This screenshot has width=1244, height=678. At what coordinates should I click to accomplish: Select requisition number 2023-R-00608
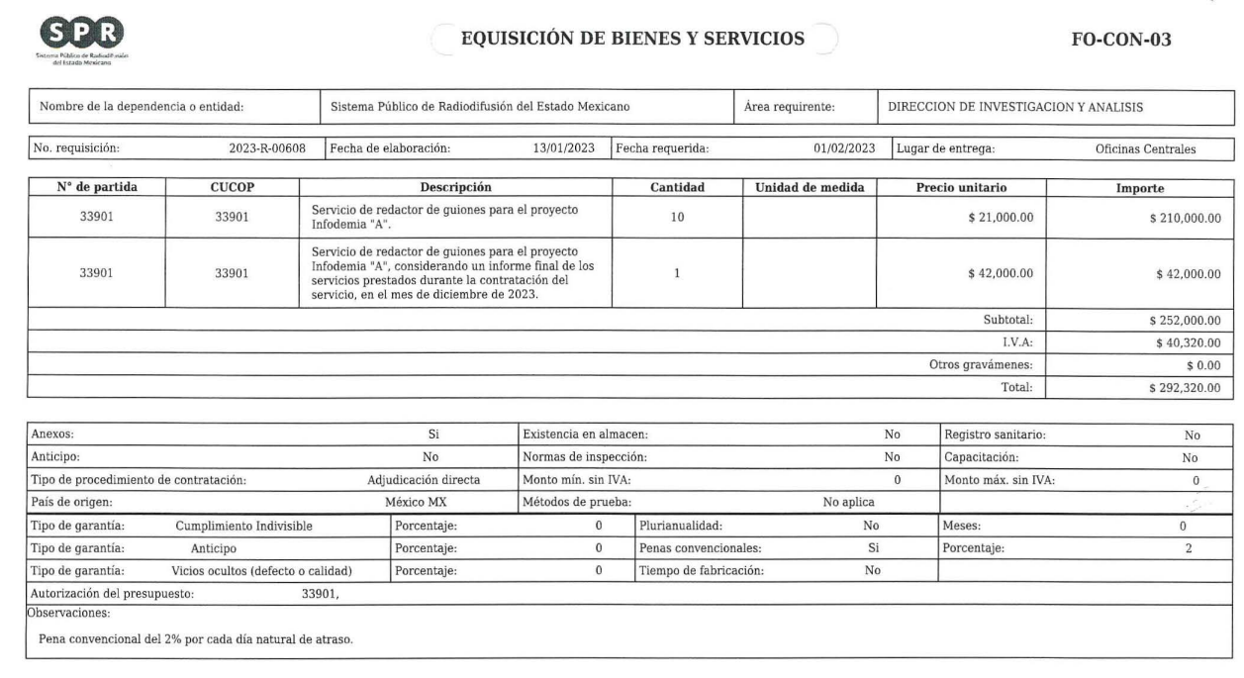point(267,149)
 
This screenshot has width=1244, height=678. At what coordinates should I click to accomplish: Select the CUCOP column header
point(233,187)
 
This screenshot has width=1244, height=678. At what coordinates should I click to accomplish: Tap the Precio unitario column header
point(961,187)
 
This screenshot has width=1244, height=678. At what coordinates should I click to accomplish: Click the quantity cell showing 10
point(678,217)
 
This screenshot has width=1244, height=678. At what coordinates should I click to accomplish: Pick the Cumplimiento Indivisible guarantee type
point(243,526)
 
